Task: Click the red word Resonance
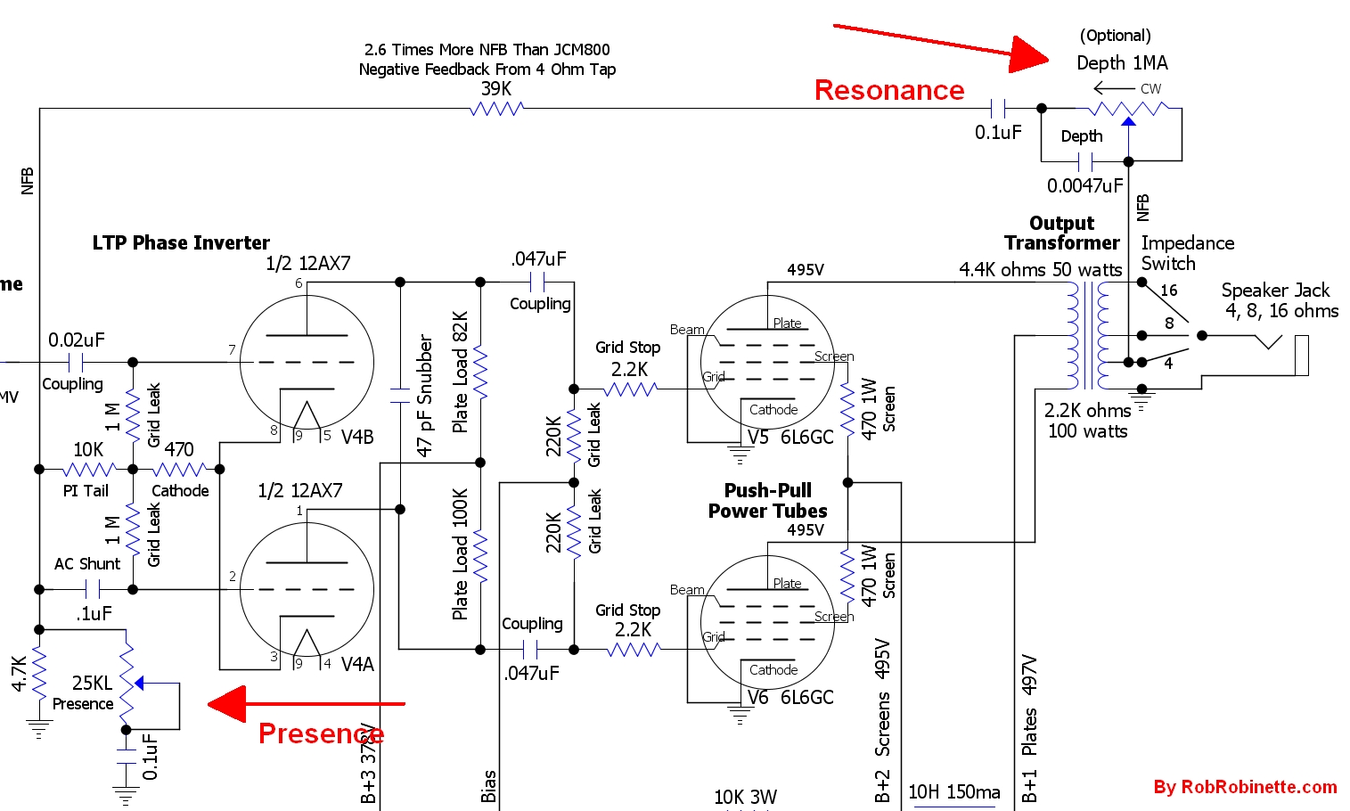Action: click(x=888, y=90)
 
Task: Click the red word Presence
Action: click(x=321, y=733)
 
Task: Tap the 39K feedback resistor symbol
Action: click(x=496, y=109)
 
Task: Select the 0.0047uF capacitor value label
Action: click(x=1084, y=185)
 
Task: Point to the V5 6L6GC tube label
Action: click(x=790, y=437)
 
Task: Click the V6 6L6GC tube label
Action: click(x=790, y=697)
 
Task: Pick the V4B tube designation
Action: click(x=357, y=437)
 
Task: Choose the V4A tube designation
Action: click(x=357, y=664)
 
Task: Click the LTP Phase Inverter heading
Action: click(x=181, y=242)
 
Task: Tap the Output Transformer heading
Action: click(x=1061, y=233)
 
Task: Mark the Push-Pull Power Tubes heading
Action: click(x=767, y=501)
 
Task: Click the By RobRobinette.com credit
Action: click(x=1245, y=787)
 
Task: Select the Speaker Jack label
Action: click(x=1275, y=291)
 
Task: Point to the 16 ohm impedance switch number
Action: click(x=1168, y=291)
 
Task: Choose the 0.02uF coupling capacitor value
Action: click(x=77, y=340)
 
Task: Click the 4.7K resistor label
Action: click(x=19, y=674)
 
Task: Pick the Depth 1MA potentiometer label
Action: click(x=1122, y=62)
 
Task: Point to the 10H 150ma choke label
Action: click(x=953, y=792)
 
